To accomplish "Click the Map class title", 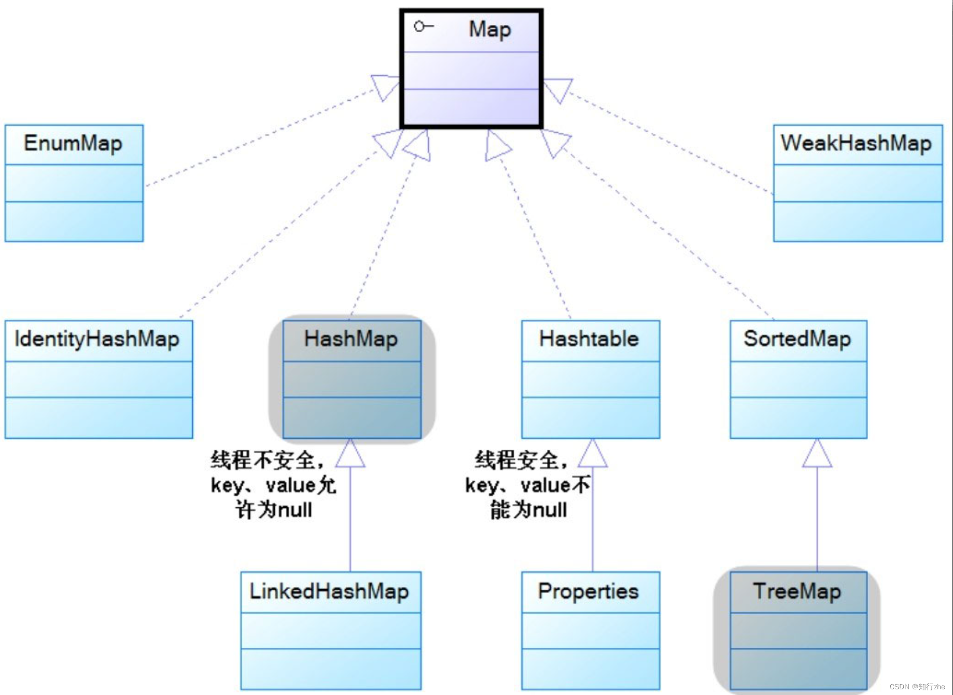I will point(489,30).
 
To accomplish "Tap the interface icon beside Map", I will point(423,26).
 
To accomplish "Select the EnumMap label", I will point(73,144).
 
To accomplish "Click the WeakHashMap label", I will point(856,144).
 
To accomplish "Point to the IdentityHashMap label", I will point(97,339).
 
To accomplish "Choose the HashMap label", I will point(351,339).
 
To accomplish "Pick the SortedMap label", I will point(797,339).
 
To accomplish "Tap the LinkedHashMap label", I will point(329,592).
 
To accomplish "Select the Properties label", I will point(588,592).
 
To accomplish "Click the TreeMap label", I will point(797,592).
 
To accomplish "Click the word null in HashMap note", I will point(295,510).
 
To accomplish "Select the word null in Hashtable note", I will point(550,510).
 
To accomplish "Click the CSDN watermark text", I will point(917,687).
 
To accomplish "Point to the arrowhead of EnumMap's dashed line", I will point(385,87).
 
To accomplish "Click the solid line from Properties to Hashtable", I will point(592,519).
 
